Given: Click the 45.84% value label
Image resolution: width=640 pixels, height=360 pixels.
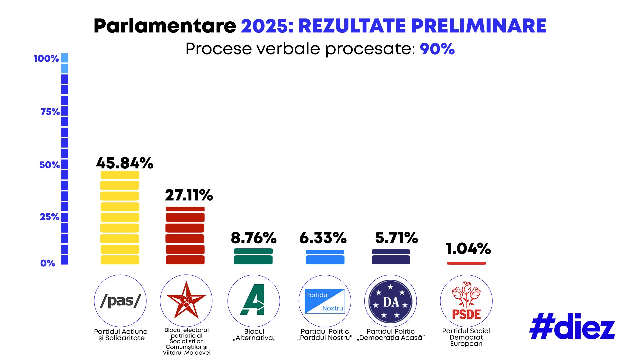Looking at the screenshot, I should coord(125,163).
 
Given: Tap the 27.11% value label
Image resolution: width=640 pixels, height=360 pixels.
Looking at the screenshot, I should coord(189,195).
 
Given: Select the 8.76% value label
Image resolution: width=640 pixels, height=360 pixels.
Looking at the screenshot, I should coord(253,238).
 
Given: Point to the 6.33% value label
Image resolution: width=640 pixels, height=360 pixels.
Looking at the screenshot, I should coord(323,238).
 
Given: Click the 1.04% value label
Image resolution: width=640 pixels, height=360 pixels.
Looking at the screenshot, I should coord(468,248).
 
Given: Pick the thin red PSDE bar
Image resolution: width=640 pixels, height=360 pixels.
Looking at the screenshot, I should coord(466,263).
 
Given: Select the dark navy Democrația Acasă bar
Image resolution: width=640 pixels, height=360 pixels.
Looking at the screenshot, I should coord(391,257).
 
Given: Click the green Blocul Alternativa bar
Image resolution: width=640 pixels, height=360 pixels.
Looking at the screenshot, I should coord(253,256).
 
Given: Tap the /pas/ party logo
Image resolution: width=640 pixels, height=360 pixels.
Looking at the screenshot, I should coord(120,301).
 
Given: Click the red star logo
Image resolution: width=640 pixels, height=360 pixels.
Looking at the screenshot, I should coord(186,301).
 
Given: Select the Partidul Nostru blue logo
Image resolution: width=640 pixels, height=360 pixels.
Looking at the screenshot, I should coord(325,301).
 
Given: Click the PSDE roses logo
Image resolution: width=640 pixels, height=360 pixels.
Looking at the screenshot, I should coord(466,301).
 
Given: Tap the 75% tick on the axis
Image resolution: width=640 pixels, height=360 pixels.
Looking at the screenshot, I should coord(50,112).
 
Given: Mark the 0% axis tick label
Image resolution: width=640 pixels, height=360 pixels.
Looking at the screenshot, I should coord(48,263).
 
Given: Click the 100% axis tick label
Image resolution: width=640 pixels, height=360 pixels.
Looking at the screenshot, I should coord(46,58).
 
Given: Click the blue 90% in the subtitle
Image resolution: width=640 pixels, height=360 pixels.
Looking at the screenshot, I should coord(437,49).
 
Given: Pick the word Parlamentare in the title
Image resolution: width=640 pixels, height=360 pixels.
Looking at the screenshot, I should coord(165,26).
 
